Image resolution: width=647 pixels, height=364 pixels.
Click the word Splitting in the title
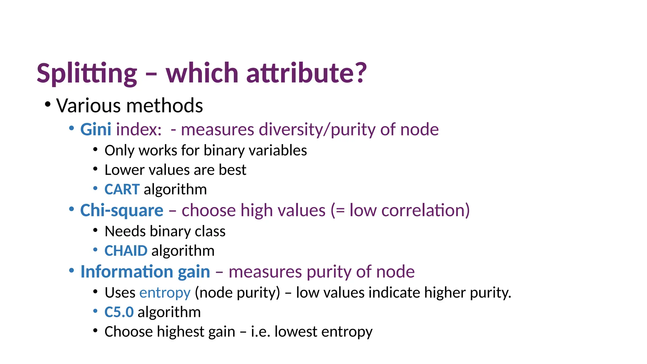click(87, 73)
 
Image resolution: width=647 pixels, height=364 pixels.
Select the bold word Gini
click(95, 130)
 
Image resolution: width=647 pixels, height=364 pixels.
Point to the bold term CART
click(122, 190)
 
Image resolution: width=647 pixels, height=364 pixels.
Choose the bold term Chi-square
click(122, 210)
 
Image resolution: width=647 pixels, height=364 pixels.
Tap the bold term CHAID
click(126, 251)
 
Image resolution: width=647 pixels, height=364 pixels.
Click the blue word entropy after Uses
click(165, 293)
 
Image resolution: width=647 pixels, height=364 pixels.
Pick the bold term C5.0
click(119, 312)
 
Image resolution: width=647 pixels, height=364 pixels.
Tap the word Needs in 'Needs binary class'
click(125, 231)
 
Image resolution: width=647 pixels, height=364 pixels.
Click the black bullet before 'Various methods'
click(48, 104)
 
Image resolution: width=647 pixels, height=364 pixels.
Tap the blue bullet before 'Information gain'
click(71, 270)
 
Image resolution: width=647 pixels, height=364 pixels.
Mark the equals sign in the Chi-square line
click(340, 211)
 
